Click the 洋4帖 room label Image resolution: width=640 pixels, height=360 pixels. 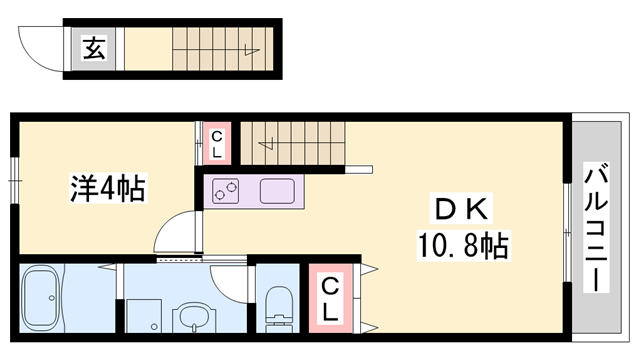click(x=107, y=188)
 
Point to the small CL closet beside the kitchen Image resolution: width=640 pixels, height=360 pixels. click(x=216, y=143)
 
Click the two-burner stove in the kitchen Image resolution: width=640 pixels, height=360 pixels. click(x=225, y=189)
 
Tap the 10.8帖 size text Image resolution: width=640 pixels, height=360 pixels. click(x=462, y=243)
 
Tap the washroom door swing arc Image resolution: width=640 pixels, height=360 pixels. click(x=227, y=284)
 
